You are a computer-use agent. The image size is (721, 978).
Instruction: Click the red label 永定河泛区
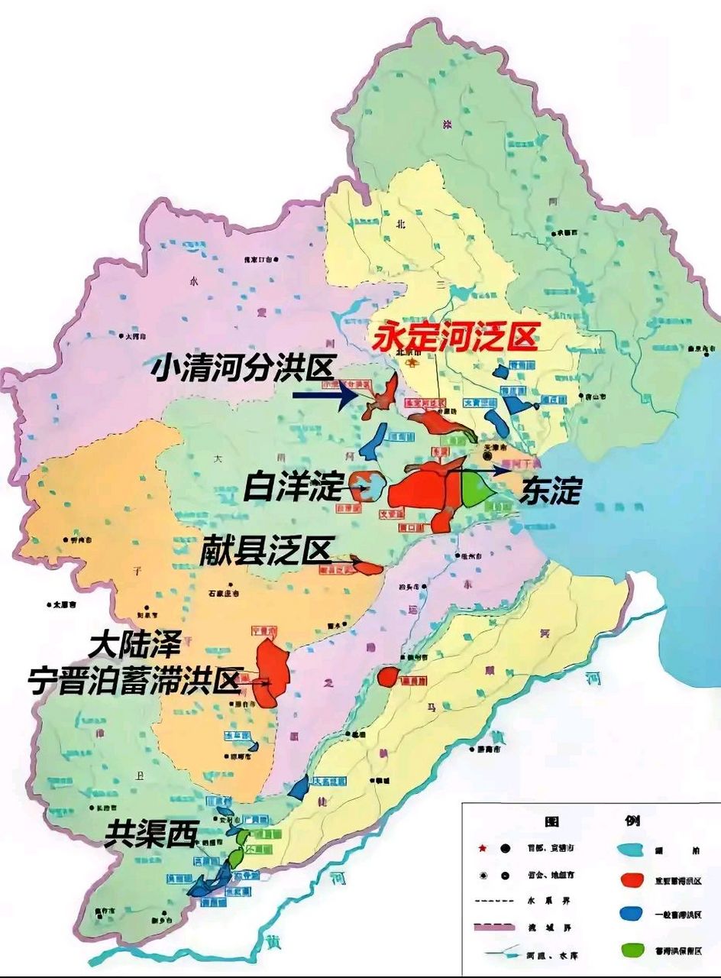[x=455, y=335]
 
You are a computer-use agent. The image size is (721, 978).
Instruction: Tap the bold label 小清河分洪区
[x=243, y=369]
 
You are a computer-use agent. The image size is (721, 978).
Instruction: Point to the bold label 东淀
[x=550, y=491]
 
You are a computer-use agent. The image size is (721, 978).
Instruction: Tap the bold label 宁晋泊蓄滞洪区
[x=134, y=680]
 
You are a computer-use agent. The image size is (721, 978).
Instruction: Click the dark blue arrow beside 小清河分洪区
[x=325, y=395]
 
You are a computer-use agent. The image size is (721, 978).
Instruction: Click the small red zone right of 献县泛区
[x=370, y=568]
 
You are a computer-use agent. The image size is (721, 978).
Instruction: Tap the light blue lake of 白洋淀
[x=373, y=486]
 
